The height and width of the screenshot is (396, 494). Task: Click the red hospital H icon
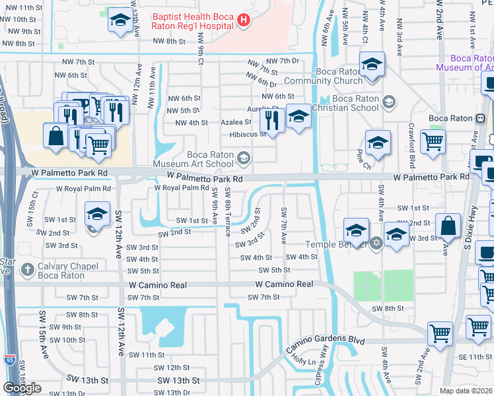244,20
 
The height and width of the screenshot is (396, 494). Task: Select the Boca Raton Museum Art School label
194,159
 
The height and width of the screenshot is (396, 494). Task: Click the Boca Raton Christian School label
355,103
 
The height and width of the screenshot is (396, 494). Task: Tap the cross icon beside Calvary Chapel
26,269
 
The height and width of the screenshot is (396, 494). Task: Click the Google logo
22,387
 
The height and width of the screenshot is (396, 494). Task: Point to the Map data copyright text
466,391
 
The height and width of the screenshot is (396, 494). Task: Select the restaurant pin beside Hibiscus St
271,121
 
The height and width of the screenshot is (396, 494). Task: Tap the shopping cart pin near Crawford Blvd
433,141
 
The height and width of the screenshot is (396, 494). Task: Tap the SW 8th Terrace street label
228,211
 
